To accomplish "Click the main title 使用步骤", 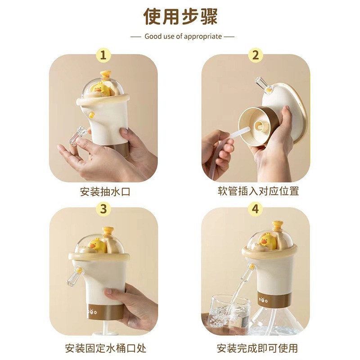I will click(180, 17).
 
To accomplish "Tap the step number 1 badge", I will click(104, 55).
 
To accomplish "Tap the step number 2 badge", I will click(255, 55).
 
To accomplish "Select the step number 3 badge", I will click(104, 208).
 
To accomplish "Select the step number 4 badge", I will click(255, 208).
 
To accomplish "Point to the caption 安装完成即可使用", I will click(256, 348).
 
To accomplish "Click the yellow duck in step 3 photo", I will click(96, 246).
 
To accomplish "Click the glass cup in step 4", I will click(229, 310).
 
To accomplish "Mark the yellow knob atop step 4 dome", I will click(277, 225).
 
